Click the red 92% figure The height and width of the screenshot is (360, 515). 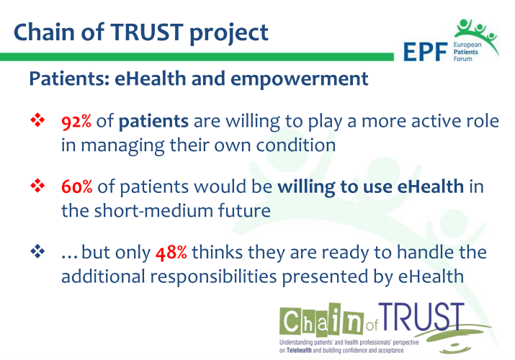tap(76, 122)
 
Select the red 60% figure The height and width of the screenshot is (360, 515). tap(76, 189)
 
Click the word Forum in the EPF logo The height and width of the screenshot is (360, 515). tap(463, 62)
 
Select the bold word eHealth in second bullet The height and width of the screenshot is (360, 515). tap(431, 189)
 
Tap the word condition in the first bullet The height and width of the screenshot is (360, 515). tap(295, 145)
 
